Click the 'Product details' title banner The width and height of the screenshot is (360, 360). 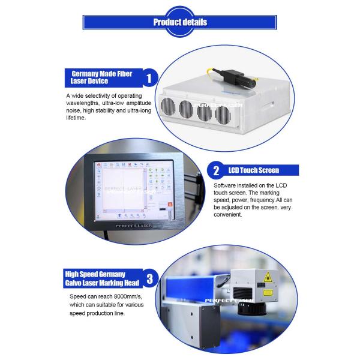[180, 22]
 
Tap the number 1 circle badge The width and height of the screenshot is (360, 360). [151, 77]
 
